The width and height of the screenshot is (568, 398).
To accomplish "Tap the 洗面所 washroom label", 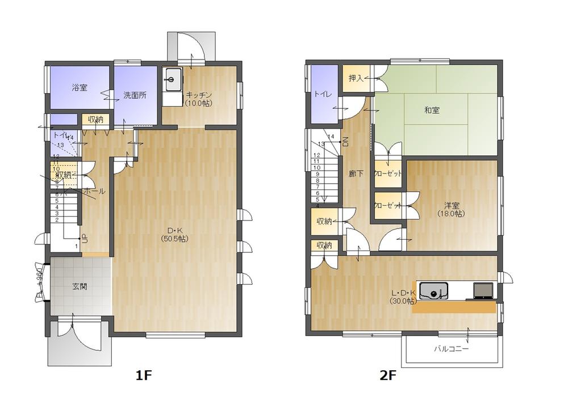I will tap(135, 95).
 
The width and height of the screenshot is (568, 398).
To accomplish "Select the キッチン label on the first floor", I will tap(199, 95).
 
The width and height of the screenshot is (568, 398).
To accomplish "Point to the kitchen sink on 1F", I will tap(172, 77).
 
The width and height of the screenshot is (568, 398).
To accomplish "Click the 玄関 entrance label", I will tap(80, 286).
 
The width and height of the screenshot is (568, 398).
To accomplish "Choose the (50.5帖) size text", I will tap(174, 239).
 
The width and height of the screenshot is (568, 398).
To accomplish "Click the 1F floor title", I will tap(144, 375).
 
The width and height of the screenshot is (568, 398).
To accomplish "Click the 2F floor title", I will tap(387, 375).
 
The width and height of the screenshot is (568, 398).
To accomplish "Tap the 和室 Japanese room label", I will tap(432, 111).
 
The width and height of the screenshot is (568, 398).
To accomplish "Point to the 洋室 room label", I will tap(452, 205).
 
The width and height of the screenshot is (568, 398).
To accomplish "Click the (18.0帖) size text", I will tap(451, 214).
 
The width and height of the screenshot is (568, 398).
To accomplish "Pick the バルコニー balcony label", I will tap(452, 349).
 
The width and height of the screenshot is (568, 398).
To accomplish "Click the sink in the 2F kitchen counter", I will tap(435, 292).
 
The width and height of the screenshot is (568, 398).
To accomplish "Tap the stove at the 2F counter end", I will tap(483, 290).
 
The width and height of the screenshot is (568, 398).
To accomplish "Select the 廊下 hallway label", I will tap(356, 174).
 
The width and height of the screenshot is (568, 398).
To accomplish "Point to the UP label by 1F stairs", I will tap(85, 239).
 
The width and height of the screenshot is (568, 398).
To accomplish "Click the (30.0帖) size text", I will tap(403, 301).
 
